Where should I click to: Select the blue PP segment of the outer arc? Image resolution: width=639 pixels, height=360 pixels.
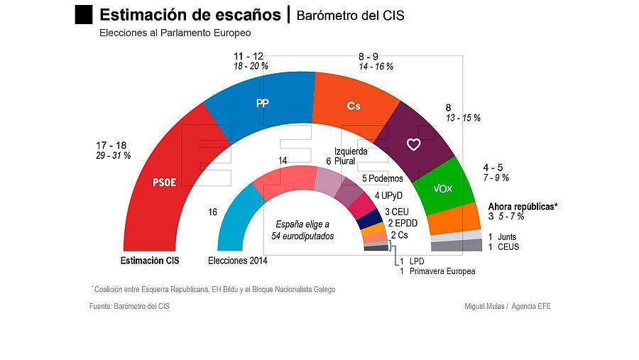click(x=262, y=104)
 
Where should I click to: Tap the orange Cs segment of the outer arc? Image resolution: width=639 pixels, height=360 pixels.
click(x=353, y=105)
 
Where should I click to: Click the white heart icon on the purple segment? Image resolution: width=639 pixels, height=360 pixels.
click(x=414, y=144)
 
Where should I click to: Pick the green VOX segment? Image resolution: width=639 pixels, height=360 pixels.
click(x=442, y=188)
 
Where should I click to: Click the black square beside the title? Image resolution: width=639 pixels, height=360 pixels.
click(x=84, y=14)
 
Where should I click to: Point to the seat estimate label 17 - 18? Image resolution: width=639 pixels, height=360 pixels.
click(x=113, y=144)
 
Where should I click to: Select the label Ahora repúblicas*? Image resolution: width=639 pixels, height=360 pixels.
click(x=523, y=207)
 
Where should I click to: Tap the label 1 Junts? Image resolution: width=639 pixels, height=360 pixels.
click(x=503, y=236)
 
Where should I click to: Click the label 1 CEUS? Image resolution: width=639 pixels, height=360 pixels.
click(x=503, y=247)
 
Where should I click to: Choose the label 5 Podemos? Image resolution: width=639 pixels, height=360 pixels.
click(x=382, y=178)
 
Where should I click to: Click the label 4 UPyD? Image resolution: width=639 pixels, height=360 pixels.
click(x=388, y=195)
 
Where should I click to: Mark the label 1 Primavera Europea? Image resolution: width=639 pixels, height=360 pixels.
click(x=437, y=271)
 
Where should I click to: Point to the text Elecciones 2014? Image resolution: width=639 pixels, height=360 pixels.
click(x=238, y=261)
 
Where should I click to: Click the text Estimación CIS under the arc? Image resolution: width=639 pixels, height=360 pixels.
click(x=149, y=261)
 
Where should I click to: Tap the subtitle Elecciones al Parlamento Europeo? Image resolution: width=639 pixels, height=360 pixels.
click(x=175, y=33)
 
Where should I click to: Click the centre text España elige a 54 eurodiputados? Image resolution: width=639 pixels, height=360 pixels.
click(x=304, y=230)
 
